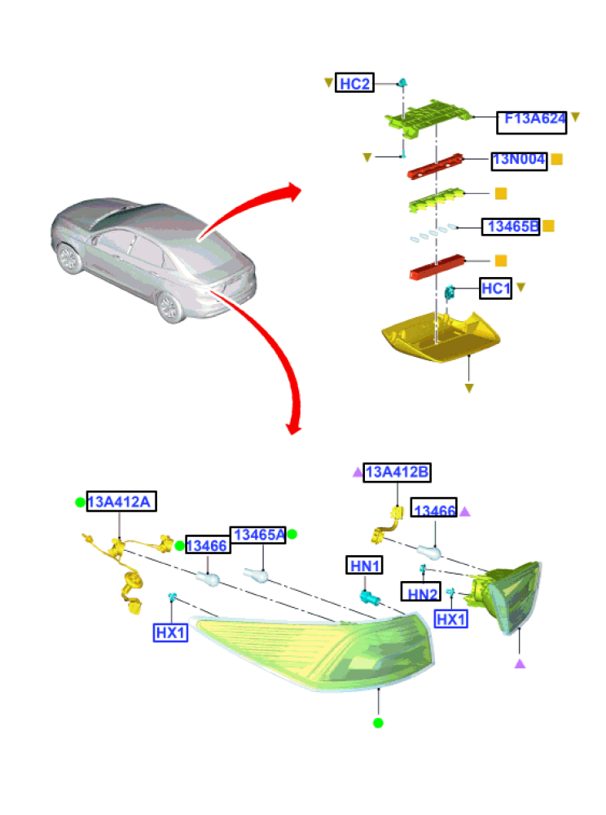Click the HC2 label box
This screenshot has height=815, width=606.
pyautogui.click(x=354, y=82)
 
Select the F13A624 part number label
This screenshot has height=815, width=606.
pyautogui.click(x=531, y=122)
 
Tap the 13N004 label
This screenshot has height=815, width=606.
pyautogui.click(x=519, y=161)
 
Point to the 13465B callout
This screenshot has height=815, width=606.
pyautogui.click(x=511, y=227)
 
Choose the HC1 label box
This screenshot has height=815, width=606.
pyautogui.click(x=495, y=289)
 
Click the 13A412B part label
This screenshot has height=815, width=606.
pyautogui.click(x=397, y=473)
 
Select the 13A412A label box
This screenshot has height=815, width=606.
pyautogui.click(x=121, y=501)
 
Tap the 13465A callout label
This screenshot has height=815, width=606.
pyautogui.click(x=258, y=535)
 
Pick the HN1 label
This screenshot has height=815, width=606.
pyautogui.click(x=365, y=565)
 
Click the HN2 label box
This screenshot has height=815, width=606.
pyautogui.click(x=421, y=592)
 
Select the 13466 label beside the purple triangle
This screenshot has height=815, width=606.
pyautogui.click(x=434, y=508)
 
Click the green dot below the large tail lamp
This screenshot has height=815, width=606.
pyautogui.click(x=378, y=722)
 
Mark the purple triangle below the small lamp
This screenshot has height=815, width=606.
pyautogui.click(x=520, y=663)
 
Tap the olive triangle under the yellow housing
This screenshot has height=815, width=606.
pyautogui.click(x=469, y=388)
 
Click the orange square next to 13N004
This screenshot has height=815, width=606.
pyautogui.click(x=556, y=159)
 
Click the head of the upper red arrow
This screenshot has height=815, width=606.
pyautogui.click(x=294, y=192)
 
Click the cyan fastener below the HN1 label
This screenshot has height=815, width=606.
pyautogui.click(x=369, y=597)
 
